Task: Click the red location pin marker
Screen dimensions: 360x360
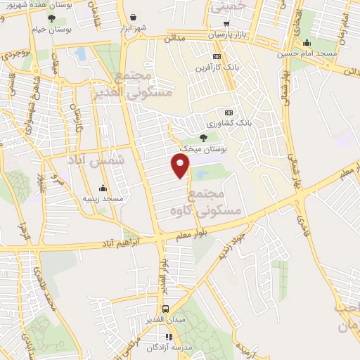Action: (x=181, y=166)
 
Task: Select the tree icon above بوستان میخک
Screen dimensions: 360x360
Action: (x=204, y=138)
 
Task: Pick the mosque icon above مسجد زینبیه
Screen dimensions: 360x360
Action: (x=103, y=188)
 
